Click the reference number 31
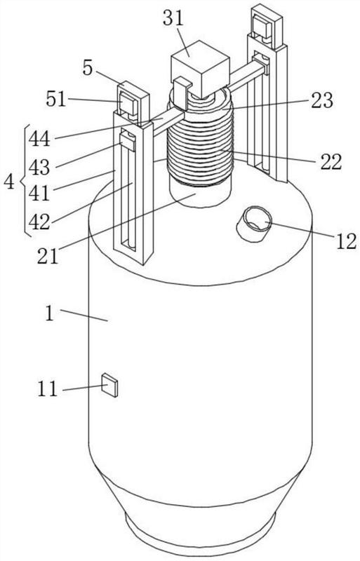click(173, 18)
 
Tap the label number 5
click(88, 68)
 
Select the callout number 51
click(56, 99)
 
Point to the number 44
click(39, 138)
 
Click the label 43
click(39, 166)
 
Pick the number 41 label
click(39, 194)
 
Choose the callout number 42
click(39, 222)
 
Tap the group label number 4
click(9, 182)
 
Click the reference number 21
click(48, 256)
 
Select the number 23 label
click(321, 100)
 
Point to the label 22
click(331, 162)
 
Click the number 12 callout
click(346, 241)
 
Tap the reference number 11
click(48, 389)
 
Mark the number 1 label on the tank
click(49, 313)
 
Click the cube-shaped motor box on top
click(200, 69)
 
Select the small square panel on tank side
click(109, 385)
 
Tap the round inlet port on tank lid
click(253, 224)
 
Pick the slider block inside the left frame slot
click(127, 141)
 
